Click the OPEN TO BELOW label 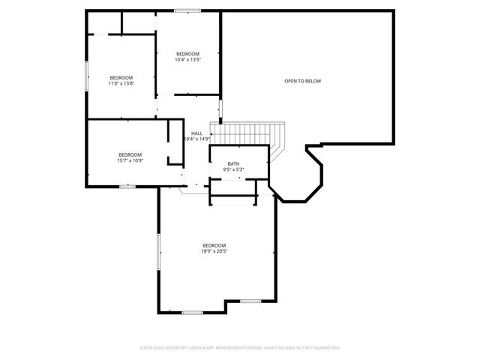coord(302,81)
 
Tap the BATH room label coord(234,164)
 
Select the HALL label coord(196,133)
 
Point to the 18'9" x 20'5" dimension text coord(214,252)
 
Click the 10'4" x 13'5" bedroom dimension coord(187,60)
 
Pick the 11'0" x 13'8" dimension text coord(121,84)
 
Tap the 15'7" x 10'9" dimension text coord(130,160)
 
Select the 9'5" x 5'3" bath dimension coord(234,170)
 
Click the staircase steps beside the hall coord(247,135)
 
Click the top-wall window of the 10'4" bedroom coord(187,10)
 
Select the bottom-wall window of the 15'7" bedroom coord(127,186)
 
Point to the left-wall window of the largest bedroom coord(157,250)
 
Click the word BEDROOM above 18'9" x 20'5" coord(214,246)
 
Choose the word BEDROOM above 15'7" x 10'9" coord(130,154)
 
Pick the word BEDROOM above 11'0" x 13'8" coord(121,78)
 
